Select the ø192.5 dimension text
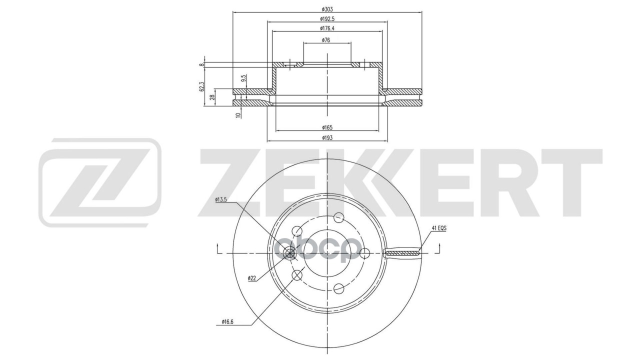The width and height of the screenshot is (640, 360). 327,18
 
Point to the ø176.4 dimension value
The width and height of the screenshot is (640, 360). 327,28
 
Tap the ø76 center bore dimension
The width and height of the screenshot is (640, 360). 326,40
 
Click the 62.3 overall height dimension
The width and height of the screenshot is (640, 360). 202,86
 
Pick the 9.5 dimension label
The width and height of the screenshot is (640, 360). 243,78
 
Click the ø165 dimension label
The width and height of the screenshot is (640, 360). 327,127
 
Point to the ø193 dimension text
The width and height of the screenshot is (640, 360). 327,137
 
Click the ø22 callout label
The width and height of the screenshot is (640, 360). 252,278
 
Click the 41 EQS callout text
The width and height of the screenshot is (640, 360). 438,228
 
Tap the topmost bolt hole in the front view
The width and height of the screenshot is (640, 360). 338,217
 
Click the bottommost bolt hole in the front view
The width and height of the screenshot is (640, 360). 338,288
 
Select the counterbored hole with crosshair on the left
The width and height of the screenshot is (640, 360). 289,253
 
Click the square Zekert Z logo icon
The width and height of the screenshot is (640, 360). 100,183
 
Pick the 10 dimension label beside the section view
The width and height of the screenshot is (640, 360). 239,114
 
